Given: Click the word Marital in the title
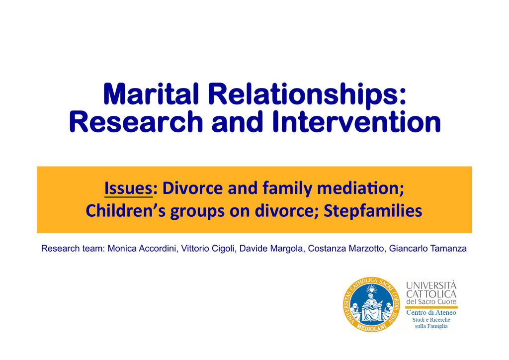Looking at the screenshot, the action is [151, 94].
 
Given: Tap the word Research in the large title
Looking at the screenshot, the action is [136, 122].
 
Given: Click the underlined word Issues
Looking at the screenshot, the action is [128, 188].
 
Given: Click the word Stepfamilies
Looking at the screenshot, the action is [373, 211].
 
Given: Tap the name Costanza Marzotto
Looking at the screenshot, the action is [346, 249].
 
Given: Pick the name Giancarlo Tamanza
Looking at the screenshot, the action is [428, 249].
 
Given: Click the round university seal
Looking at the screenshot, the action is [371, 304].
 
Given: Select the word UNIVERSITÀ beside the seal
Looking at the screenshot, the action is [431, 285].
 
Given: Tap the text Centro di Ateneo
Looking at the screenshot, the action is [431, 313].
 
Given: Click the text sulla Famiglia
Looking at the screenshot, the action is [431, 326].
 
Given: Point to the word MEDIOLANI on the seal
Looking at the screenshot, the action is [371, 327].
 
